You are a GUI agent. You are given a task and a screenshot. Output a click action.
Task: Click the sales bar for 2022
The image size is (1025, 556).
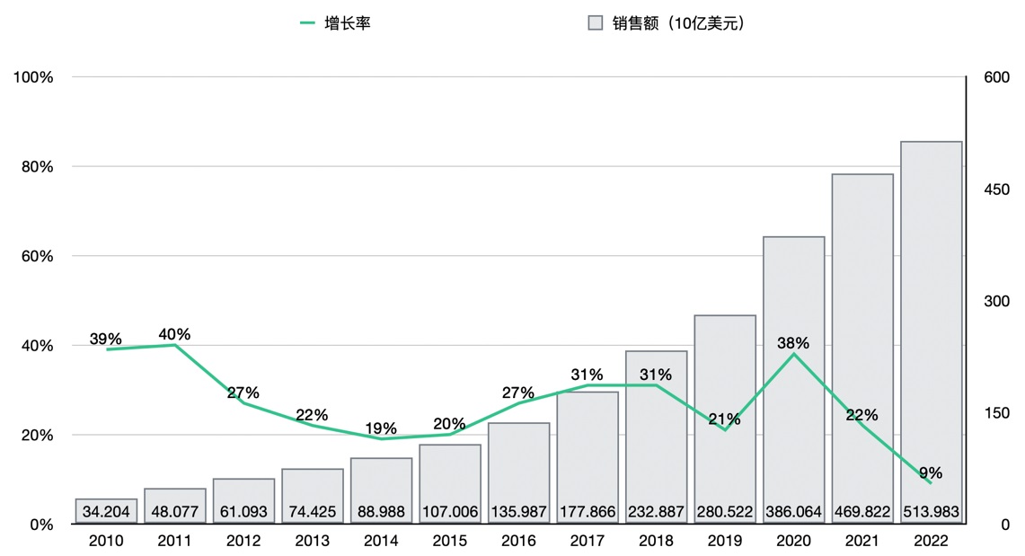[x=931, y=314]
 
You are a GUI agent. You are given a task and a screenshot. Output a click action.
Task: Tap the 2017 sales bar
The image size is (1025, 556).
[x=588, y=449]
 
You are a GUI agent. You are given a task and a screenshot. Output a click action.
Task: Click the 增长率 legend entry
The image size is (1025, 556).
[x=335, y=23]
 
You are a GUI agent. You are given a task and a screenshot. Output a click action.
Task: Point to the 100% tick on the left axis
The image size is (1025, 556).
[x=34, y=77]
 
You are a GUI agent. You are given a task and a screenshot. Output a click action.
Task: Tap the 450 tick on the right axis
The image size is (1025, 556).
[x=997, y=190]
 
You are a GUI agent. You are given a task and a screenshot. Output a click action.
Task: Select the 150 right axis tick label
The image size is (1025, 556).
[x=997, y=413]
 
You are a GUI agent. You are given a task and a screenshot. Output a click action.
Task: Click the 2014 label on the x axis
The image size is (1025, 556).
[x=381, y=542]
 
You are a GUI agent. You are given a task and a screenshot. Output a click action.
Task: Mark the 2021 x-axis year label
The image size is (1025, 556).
[x=862, y=542]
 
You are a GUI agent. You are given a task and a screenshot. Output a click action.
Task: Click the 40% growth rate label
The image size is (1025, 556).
[x=174, y=334]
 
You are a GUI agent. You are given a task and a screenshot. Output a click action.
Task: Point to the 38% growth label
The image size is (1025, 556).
[x=793, y=342]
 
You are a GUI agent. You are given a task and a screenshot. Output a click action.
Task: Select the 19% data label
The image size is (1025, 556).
[x=381, y=428]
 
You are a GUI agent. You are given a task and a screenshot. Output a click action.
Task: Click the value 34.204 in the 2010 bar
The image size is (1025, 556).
[x=106, y=512]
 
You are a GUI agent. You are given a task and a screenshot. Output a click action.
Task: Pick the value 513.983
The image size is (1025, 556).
[x=931, y=512]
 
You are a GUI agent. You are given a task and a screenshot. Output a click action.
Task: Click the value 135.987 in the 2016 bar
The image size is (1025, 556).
[x=518, y=512]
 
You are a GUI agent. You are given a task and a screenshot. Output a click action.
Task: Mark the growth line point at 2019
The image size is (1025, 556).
[x=724, y=429]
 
